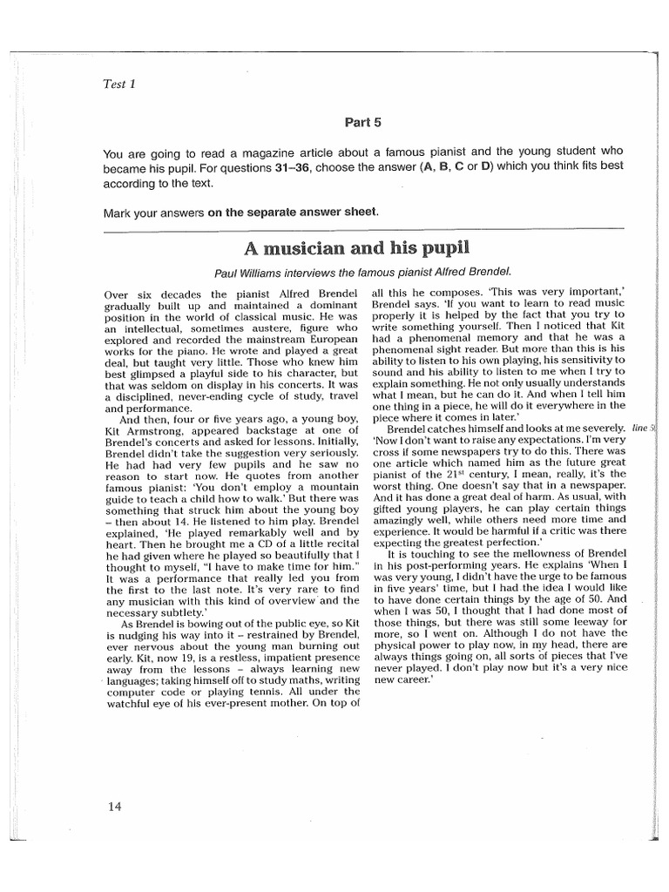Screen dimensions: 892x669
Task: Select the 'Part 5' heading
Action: (363, 123)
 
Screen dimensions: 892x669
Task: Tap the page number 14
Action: (115, 806)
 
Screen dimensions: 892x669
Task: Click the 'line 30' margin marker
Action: (644, 428)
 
